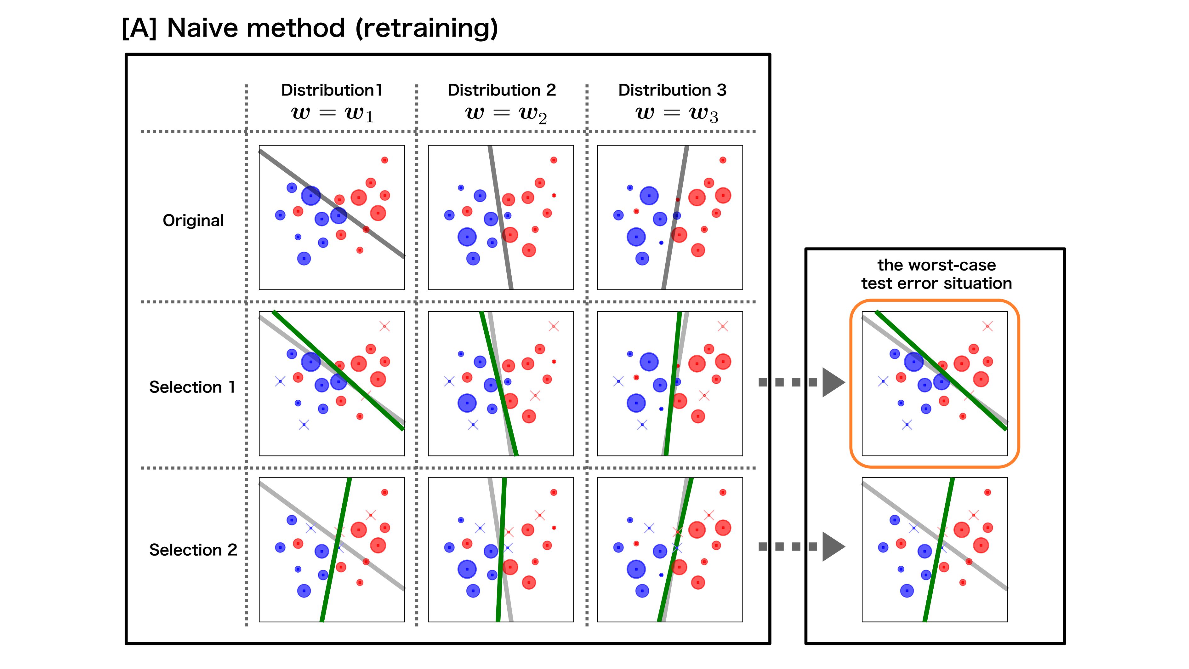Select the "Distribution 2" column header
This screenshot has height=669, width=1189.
[x=502, y=90]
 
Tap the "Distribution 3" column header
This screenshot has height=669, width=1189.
[x=672, y=90]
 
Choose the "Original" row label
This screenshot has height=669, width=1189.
[x=193, y=221]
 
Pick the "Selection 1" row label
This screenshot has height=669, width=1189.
[x=192, y=387]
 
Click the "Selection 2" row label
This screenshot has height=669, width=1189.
[x=193, y=550]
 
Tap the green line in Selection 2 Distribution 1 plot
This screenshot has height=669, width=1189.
[x=336, y=549]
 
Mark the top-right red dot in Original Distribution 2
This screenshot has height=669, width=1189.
[x=554, y=160]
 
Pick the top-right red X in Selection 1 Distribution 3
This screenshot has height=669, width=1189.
[x=723, y=326]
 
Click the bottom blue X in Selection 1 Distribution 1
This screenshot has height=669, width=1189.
[x=304, y=425]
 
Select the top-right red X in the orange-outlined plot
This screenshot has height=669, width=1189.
[x=987, y=326]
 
